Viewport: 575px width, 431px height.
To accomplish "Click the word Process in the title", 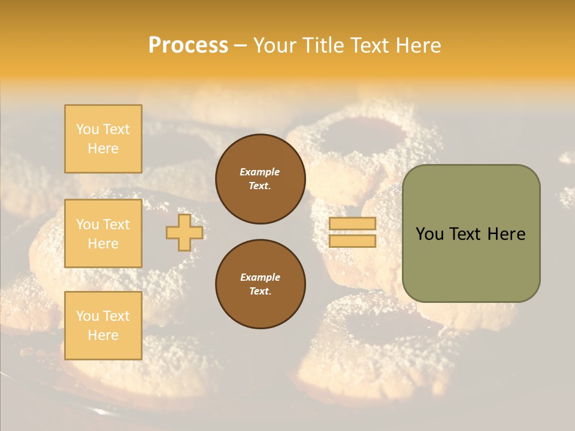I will click(188, 45).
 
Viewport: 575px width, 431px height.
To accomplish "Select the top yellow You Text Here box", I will click(103, 139).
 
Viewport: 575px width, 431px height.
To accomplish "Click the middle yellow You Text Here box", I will click(103, 233).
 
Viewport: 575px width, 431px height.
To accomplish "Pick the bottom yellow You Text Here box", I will click(103, 326).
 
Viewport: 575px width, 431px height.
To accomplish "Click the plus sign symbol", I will click(184, 232).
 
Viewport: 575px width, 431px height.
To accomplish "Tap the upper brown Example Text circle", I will click(260, 179).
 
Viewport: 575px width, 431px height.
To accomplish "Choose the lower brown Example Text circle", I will click(260, 284).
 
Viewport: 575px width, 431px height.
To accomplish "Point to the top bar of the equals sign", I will click(352, 223).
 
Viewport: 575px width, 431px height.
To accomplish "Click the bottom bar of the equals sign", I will click(352, 241).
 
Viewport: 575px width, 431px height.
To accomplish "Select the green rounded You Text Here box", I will click(471, 233).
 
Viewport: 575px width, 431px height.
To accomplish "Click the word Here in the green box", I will click(506, 234).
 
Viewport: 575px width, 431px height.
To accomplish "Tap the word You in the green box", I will click(430, 234).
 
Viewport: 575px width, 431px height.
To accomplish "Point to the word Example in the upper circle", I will click(260, 172).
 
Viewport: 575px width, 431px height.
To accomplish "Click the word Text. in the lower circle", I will click(260, 292).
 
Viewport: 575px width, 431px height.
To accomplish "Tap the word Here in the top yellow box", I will click(103, 148).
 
